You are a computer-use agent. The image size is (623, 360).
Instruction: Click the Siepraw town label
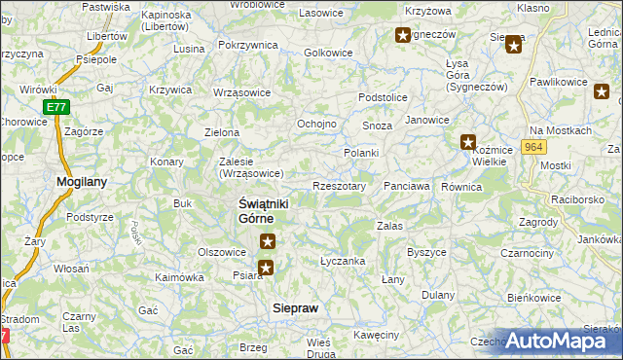coord(293,307)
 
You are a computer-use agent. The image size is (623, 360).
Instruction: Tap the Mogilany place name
coord(82,182)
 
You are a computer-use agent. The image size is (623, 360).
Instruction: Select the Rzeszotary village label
coord(339,186)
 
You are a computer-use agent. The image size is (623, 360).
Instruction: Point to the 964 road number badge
coord(531,146)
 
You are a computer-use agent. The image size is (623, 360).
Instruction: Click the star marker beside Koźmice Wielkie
coord(468,141)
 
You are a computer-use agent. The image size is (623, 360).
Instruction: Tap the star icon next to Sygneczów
coord(403,36)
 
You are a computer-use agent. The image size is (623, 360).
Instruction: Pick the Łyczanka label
coord(343,261)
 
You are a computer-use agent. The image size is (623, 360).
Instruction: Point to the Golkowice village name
coord(327,52)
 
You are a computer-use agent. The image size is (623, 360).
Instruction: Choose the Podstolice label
coord(382,97)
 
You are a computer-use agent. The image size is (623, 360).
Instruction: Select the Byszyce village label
coord(426,252)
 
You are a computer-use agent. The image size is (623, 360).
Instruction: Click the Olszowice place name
coord(222,251)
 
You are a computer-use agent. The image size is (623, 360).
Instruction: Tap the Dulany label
coord(438,294)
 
